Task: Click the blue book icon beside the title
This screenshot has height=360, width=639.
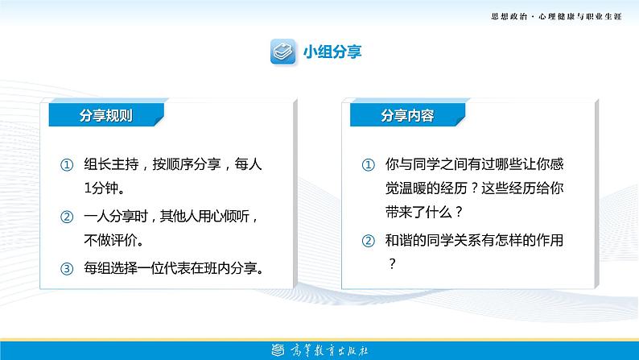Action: click(282, 52)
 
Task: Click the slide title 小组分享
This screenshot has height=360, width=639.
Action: click(332, 52)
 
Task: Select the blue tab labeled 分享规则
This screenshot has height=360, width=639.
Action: click(106, 115)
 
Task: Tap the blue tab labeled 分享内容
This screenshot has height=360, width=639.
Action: click(407, 115)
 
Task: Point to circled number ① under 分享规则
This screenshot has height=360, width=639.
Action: click(67, 165)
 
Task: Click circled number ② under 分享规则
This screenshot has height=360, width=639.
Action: click(67, 217)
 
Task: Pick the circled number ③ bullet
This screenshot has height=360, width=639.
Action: click(67, 269)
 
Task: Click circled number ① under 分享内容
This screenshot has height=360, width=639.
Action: click(369, 165)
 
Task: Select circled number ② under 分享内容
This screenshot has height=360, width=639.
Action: click(369, 241)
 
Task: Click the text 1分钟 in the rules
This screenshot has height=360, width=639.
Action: click(101, 188)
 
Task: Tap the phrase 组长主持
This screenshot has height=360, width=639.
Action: click(111, 164)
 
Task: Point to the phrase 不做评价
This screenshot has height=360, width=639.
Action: click(111, 240)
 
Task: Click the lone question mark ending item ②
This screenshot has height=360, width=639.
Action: click(392, 264)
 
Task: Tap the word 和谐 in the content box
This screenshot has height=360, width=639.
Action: click(399, 240)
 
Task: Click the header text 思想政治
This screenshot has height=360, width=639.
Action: click(509, 17)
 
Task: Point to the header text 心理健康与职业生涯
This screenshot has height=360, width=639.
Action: click(580, 17)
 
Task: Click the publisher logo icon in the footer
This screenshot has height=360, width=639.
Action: click(278, 350)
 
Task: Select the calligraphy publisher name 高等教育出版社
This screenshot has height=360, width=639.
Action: click(329, 350)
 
